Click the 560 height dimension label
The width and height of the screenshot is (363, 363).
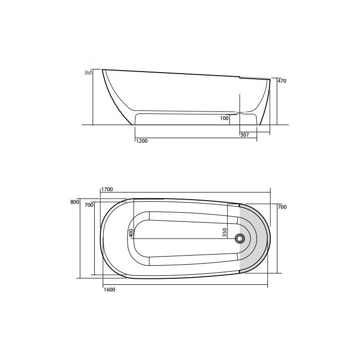[87, 73]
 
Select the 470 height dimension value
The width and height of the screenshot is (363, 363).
[282, 81]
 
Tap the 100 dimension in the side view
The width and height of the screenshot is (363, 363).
[224, 118]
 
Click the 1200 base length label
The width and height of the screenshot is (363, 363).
[142, 141]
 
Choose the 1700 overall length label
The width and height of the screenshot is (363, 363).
[107, 190]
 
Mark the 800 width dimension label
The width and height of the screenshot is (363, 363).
[75, 202]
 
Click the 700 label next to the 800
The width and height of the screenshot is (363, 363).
[89, 205]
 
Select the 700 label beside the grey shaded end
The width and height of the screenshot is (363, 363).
[282, 207]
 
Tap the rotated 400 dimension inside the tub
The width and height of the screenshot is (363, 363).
[131, 233]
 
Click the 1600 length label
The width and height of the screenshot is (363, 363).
[108, 289]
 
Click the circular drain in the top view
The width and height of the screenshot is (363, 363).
[240, 238]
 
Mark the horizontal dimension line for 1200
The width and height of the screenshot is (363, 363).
[197, 138]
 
